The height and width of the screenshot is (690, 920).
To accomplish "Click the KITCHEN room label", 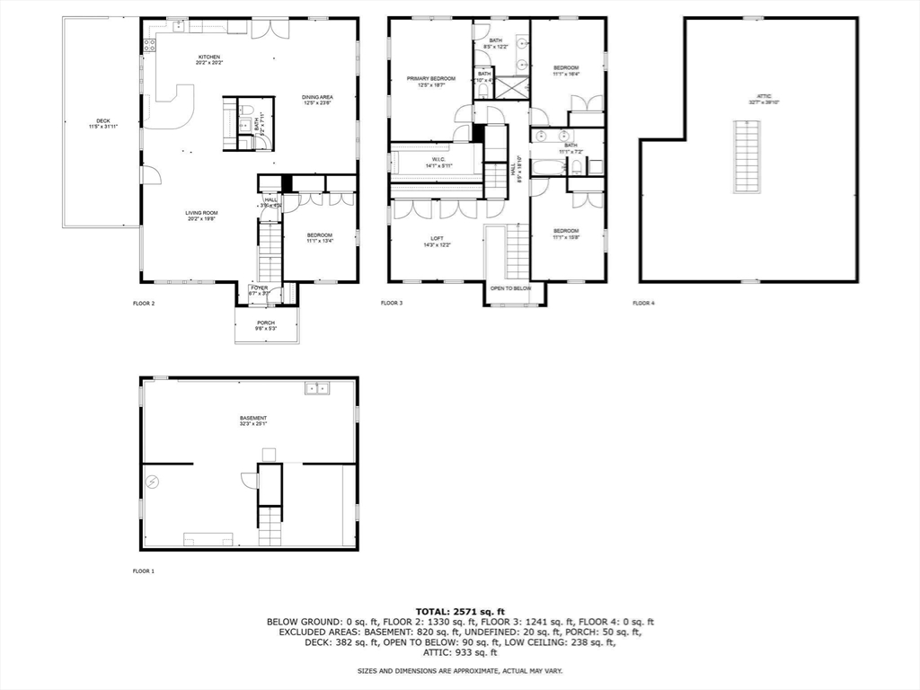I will pos(209,57).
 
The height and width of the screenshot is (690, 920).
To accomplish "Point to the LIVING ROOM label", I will pos(202,214).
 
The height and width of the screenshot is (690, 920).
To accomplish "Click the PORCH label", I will pos(266,323).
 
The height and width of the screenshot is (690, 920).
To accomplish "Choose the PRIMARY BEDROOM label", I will pos(431,79).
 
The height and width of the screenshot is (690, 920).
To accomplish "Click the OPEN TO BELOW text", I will pos(510,288).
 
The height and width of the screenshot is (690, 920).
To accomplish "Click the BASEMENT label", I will pos(253,419).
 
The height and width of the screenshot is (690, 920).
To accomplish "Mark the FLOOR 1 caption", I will pos(144,571).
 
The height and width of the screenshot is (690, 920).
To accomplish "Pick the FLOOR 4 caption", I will pos(643,304).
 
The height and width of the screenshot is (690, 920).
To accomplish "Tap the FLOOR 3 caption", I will pos(392,304).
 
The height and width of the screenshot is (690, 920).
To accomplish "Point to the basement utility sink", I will pos(316,388).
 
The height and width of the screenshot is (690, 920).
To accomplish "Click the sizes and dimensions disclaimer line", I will pos(460,671).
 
